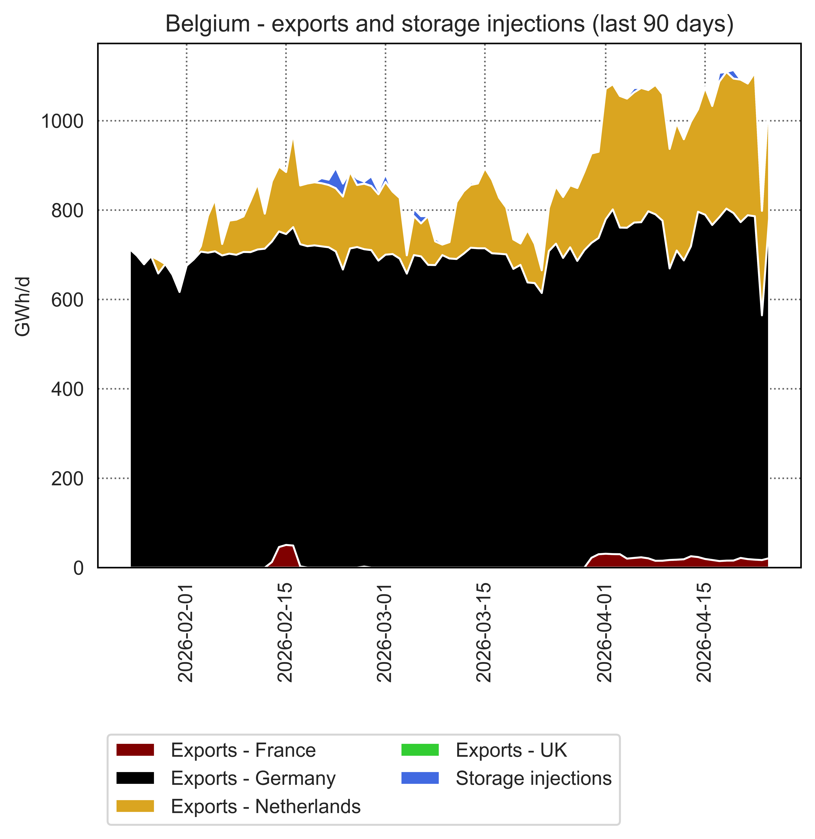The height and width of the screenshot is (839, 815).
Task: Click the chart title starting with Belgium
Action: [449, 24]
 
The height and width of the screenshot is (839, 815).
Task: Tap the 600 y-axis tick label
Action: [67, 300]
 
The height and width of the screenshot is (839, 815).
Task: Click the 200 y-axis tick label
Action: [67, 478]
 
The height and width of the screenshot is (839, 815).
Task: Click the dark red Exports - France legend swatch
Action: [135, 750]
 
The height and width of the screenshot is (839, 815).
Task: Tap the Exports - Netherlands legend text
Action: [265, 806]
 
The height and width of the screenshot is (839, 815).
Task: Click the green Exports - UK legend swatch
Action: [420, 750]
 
